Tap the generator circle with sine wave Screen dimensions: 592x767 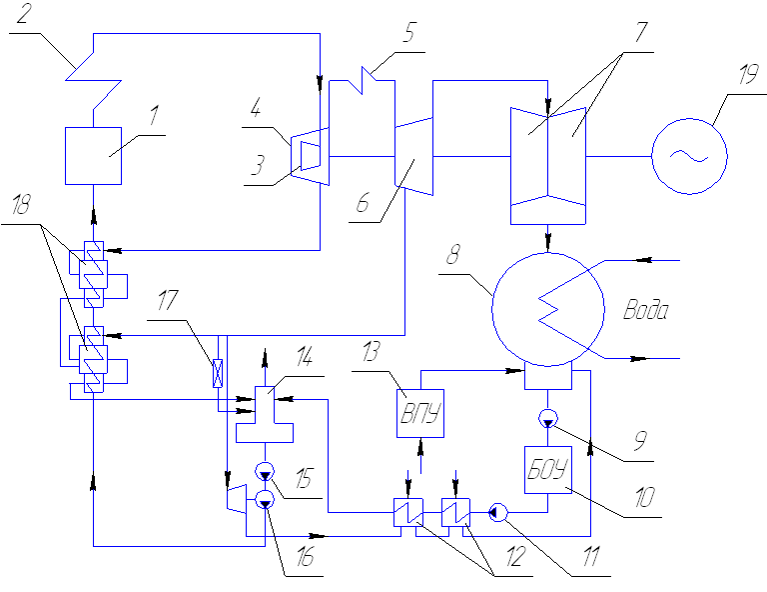click(x=689, y=155)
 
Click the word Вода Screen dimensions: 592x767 click(x=645, y=311)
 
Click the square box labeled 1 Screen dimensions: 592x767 click(x=93, y=155)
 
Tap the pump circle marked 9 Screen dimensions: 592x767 click(x=548, y=416)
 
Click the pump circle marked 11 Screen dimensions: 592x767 click(x=500, y=514)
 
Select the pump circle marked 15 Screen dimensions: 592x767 click(x=265, y=470)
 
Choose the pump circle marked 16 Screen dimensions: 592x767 click(x=265, y=499)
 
